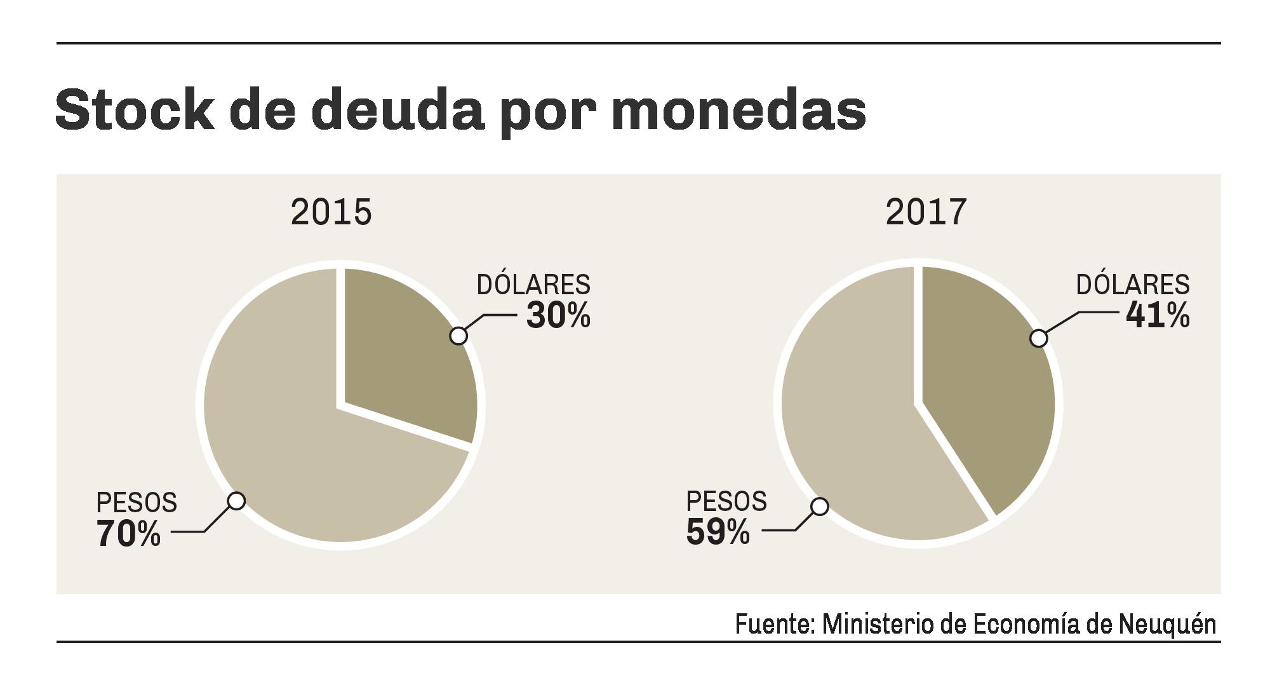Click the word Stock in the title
tap(135, 111)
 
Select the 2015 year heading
tap(331, 212)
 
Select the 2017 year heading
tap(926, 212)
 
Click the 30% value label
tap(558, 315)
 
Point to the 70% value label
tap(128, 534)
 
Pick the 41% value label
tap(1158, 315)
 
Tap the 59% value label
tap(718, 533)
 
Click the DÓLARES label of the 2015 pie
tap(533, 285)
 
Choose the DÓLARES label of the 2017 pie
tap(1133, 285)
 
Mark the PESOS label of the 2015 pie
tap(137, 503)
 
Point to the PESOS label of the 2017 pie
tap(726, 502)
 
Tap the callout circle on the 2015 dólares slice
tap(458, 336)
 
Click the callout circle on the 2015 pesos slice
tap(236, 501)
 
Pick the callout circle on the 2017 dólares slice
tap(1038, 338)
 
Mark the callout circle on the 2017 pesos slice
tap(820, 506)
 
